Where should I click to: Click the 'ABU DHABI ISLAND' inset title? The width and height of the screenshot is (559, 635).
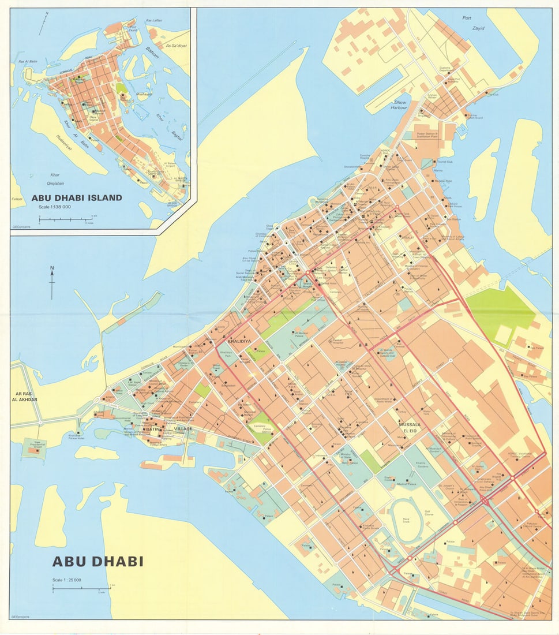pos(77,197)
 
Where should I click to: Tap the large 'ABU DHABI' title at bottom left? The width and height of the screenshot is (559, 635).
pos(97,561)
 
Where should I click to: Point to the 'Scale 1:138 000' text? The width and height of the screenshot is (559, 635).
pos(54,207)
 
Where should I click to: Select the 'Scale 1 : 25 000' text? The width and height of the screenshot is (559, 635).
pos(67,580)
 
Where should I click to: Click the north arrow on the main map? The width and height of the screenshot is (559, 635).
pos(51,283)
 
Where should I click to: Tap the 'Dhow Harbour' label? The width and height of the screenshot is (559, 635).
pos(399,104)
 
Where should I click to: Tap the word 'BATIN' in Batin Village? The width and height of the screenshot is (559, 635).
pos(153,429)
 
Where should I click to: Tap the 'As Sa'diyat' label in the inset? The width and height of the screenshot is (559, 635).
pos(177,46)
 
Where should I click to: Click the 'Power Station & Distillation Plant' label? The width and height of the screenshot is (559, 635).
pos(428,135)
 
